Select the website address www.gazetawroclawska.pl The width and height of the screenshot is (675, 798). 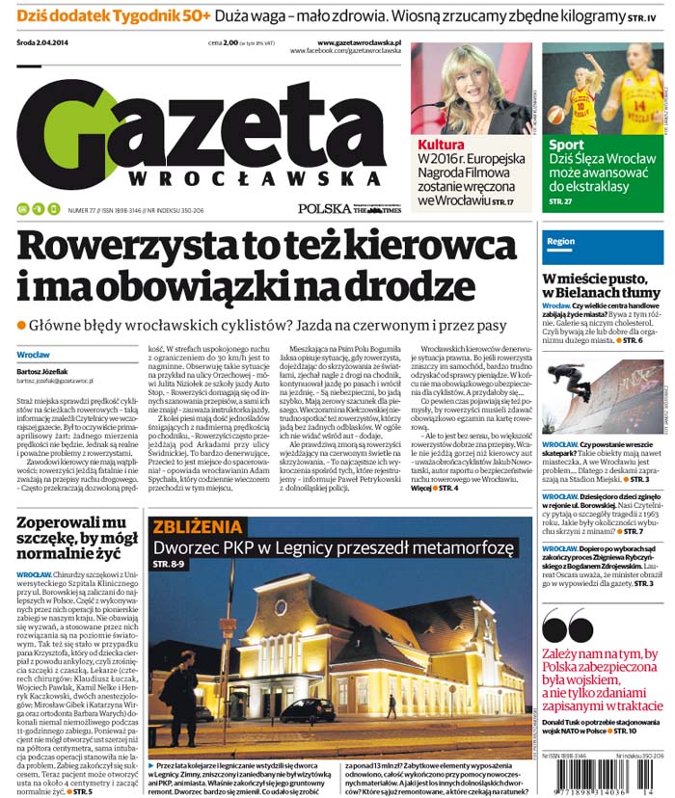click(359, 42)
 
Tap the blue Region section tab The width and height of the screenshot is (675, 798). click(561, 241)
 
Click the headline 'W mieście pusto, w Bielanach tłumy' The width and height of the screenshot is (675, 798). click(600, 286)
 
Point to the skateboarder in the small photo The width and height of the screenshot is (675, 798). click(577, 384)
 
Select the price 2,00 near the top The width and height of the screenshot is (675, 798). click(230, 42)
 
